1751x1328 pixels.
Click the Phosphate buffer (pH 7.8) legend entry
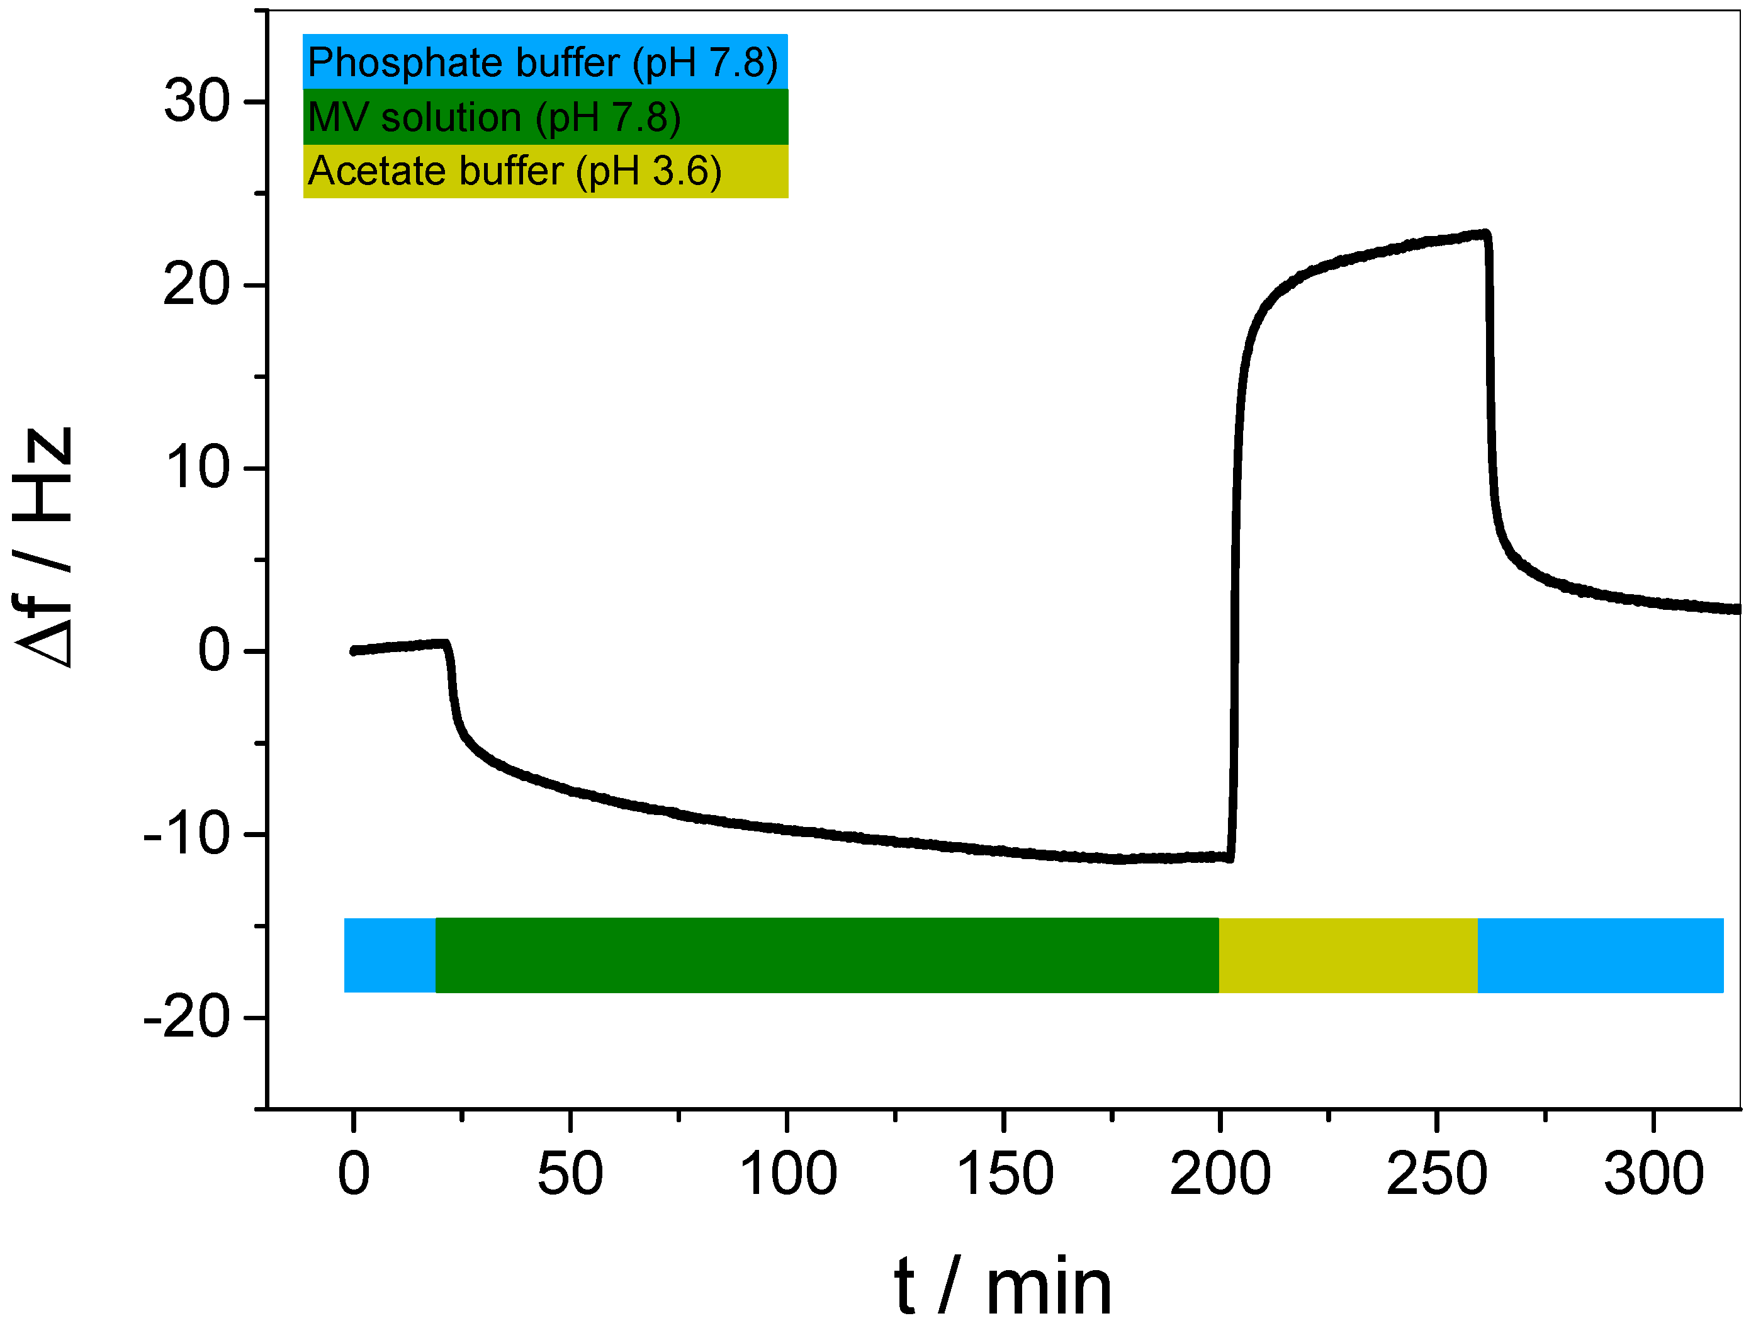[544, 62]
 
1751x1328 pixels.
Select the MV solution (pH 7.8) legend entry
[544, 117]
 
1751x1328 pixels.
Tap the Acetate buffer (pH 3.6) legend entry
[544, 171]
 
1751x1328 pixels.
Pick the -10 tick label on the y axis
[186, 834]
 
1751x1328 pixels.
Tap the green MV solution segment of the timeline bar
[826, 955]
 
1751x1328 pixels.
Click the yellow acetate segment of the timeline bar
[1348, 955]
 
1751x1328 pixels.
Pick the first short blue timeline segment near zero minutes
[390, 955]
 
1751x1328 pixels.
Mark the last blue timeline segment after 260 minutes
[1600, 955]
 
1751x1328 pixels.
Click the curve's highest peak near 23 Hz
[1485, 234]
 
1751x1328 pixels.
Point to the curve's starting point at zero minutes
[354, 651]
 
